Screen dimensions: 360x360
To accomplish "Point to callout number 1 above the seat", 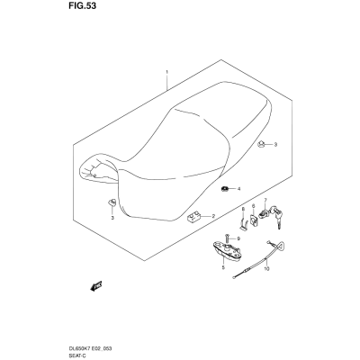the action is (166, 72).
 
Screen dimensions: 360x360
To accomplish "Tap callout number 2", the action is (213, 216).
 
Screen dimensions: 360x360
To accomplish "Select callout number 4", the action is (239, 189).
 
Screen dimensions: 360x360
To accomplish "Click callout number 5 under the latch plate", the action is (223, 267).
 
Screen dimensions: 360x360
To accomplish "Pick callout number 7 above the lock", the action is (265, 200).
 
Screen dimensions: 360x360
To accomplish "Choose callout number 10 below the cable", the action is (267, 269).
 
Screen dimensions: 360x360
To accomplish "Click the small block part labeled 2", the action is (192, 217).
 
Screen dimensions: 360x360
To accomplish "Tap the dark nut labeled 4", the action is (224, 189).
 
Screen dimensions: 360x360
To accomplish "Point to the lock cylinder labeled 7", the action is (264, 212).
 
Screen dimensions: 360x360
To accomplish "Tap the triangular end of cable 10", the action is (281, 247).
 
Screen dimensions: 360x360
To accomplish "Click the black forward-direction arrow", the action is (96, 285).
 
